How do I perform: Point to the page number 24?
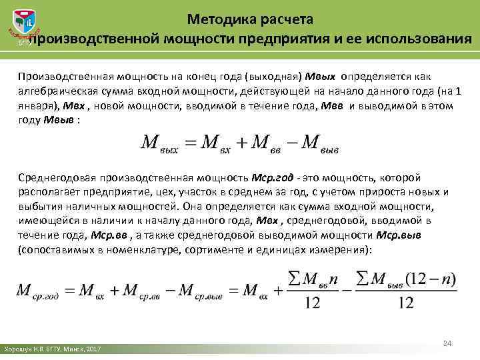tap(448, 343)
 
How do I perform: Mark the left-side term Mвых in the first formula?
tap(159, 143)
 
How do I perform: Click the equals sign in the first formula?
tap(190, 142)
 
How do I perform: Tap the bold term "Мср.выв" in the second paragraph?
tap(399, 235)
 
